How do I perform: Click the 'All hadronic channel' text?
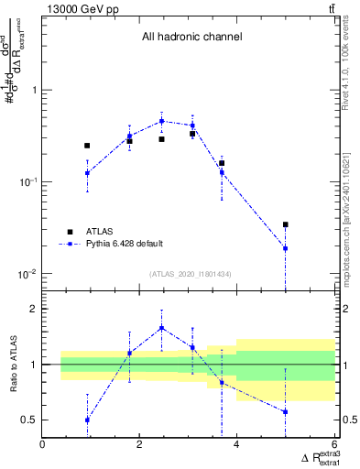point(191,38)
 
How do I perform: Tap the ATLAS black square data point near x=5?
point(286,224)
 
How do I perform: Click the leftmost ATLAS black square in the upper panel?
point(87,146)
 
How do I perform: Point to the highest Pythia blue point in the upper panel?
point(161,121)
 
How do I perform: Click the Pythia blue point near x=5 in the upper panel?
point(286,248)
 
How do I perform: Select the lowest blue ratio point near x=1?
point(87,420)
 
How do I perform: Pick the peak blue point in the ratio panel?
point(161,327)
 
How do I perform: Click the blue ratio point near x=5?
point(286,412)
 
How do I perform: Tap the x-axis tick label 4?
point(236,446)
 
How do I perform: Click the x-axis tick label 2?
point(139,446)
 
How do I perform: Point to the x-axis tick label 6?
point(333,446)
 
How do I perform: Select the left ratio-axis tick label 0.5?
point(30,420)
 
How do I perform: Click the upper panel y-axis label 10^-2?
point(27,275)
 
